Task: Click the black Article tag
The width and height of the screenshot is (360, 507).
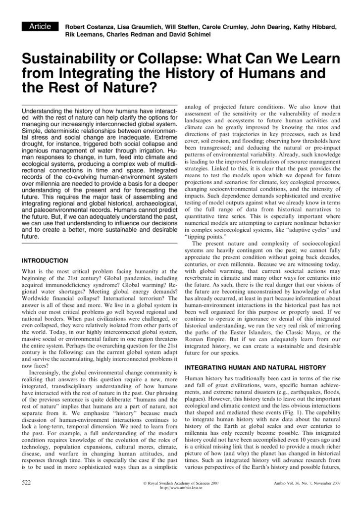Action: click(x=41, y=26)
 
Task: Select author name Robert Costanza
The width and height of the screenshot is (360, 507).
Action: click(x=90, y=27)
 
